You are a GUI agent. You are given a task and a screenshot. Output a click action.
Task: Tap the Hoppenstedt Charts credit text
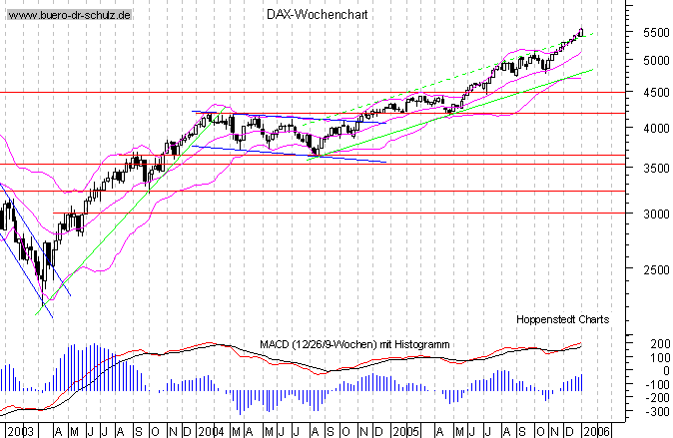[562, 319]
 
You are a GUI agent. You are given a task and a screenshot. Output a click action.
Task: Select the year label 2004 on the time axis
[211, 431]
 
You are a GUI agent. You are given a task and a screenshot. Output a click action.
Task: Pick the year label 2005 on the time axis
[403, 431]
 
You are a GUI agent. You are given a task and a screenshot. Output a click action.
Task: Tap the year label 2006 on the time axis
[595, 431]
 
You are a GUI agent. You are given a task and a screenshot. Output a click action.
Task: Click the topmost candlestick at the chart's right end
[581, 33]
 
